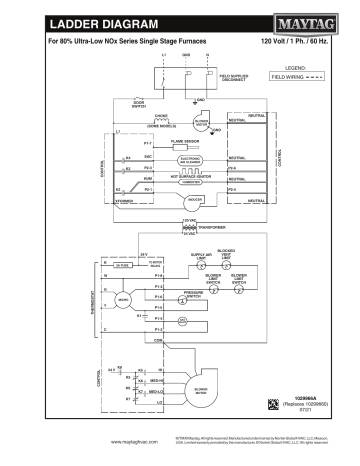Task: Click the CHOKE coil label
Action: (x=161, y=117)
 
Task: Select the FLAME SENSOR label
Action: (x=187, y=143)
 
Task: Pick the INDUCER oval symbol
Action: (x=195, y=199)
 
